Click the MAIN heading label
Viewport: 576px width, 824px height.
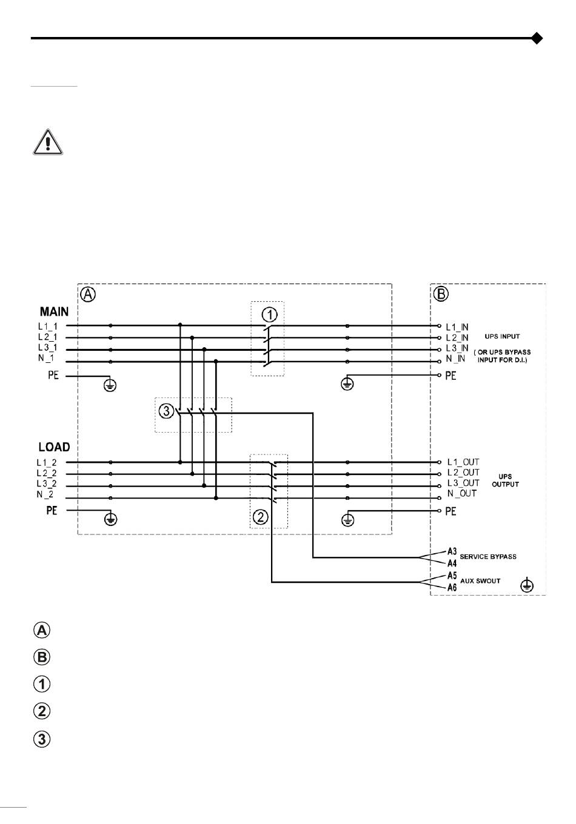click(54, 311)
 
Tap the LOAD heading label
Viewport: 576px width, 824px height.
click(54, 447)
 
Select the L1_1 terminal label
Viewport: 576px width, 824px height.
click(48, 327)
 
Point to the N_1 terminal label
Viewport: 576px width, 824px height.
click(46, 358)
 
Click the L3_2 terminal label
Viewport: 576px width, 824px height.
click(46, 483)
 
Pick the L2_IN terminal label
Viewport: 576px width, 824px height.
click(457, 337)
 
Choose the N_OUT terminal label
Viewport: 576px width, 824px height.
click(462, 493)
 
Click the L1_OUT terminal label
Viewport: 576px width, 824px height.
click(463, 462)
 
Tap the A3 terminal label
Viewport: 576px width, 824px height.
click(452, 551)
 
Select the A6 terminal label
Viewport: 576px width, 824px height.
click(452, 588)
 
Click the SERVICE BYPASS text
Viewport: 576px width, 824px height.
click(488, 557)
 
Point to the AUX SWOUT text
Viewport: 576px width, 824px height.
click(480, 581)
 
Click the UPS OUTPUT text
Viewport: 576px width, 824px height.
click(505, 480)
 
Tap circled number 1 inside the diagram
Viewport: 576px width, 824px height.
click(269, 315)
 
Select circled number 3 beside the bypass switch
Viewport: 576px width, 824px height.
click(166, 411)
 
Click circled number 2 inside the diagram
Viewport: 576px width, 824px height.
click(261, 517)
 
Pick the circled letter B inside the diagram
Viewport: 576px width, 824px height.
click(441, 294)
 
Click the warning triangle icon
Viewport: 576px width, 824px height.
click(48, 142)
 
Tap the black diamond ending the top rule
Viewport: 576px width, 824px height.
click(537, 38)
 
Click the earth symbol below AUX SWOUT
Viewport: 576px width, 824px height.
click(527, 585)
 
